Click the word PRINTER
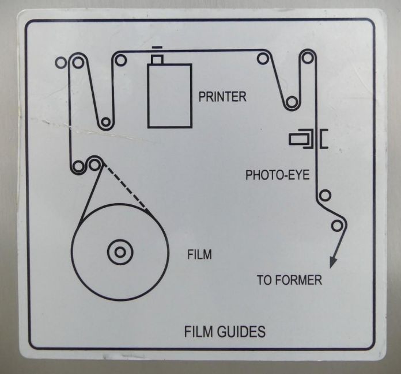222,97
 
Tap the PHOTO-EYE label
278,175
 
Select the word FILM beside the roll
199,254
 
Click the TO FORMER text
289,280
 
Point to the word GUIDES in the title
241,331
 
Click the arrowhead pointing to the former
333,262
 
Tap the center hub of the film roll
120,253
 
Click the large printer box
170,96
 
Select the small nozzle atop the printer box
157,59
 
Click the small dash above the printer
157,48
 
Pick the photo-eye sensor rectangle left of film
298,139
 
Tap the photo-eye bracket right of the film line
324,139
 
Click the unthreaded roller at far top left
61,63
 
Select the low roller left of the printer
105,122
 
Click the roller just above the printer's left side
120,60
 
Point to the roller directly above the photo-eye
308,58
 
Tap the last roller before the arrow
337,226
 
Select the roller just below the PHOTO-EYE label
325,196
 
